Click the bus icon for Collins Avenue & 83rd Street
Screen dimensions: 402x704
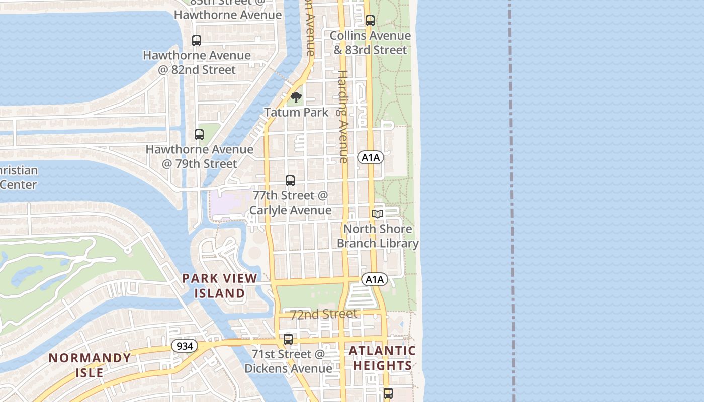[370, 21]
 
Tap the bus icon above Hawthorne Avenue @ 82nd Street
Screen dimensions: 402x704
[197, 41]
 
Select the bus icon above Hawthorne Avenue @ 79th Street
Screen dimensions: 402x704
[199, 135]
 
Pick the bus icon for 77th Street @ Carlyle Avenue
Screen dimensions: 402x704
[290, 181]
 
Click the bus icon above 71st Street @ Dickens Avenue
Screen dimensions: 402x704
[288, 339]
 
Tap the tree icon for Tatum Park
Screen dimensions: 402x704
[296, 97]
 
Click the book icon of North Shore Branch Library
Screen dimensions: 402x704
[378, 214]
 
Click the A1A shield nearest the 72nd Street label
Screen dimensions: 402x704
[375, 279]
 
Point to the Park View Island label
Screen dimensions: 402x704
[220, 285]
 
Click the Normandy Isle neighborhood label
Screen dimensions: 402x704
[90, 365]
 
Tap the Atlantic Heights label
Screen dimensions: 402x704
[382, 358]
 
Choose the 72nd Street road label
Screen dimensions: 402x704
[324, 315]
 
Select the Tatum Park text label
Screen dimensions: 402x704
[296, 112]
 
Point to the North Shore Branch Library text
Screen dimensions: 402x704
[378, 236]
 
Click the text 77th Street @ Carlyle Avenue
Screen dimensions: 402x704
[291, 203]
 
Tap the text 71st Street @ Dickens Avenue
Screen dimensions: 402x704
[289, 361]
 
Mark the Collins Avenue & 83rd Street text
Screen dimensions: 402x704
[370, 43]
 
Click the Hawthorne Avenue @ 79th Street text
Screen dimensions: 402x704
[199, 156]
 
